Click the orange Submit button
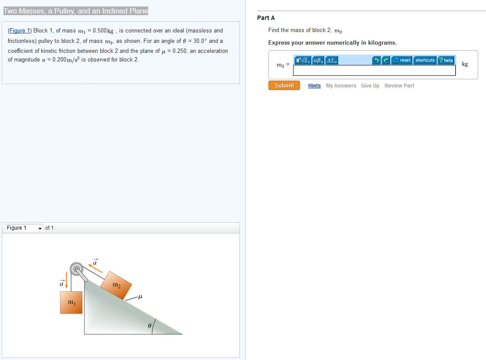284,85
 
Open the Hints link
314,86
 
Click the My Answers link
341,86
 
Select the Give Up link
370,86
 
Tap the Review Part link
399,86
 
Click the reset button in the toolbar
402,60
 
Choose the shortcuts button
425,60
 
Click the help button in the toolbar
446,60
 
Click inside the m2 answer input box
374,71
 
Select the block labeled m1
71,302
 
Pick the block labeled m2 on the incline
116,285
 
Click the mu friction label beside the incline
140,297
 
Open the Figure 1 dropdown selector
24,228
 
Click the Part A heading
266,18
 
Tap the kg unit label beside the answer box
465,64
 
